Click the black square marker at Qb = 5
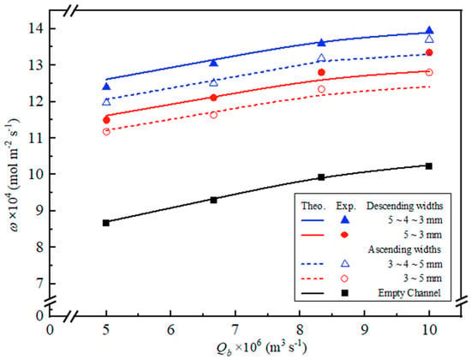[x=106, y=223]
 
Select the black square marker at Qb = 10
[x=429, y=166]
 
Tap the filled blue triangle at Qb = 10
[x=430, y=30]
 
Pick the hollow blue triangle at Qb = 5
[x=106, y=102]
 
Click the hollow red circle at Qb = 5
[x=106, y=131]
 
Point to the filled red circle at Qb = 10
[x=430, y=52]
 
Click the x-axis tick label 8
[x=300, y=330]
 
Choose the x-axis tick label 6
[x=170, y=330]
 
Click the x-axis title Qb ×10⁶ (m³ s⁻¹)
[x=262, y=347]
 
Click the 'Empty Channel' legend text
[x=409, y=292]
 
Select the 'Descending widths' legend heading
[x=404, y=206]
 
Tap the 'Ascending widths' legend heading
[x=404, y=249]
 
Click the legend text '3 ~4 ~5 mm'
[x=414, y=264]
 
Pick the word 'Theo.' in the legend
[x=313, y=206]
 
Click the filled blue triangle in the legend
[x=346, y=219]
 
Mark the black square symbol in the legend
[x=345, y=292]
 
